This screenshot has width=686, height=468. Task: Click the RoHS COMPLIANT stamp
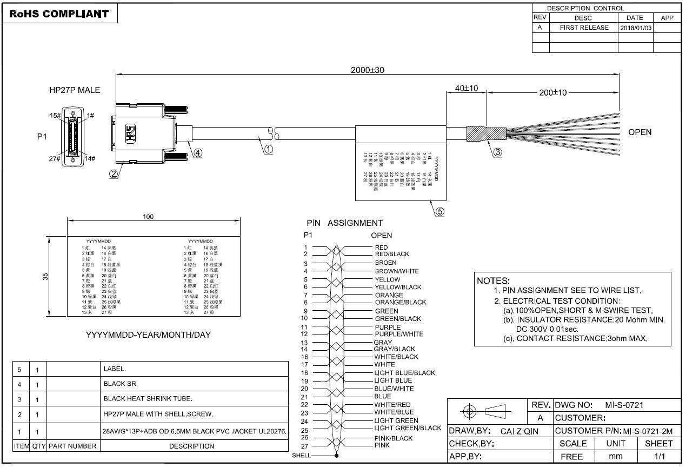coord(59,14)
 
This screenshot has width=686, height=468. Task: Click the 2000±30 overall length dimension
coord(367,70)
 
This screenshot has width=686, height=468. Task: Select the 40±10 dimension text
coord(466,88)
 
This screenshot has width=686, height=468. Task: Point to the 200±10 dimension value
coord(552,92)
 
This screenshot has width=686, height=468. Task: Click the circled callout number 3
coord(497,152)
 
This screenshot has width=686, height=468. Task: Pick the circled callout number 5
coord(440,212)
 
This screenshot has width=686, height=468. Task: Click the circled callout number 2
coord(114,174)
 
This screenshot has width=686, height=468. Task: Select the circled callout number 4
coord(198,152)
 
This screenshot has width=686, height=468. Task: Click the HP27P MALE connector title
coord(75,90)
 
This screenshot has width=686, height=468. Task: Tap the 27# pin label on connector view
coord(54,158)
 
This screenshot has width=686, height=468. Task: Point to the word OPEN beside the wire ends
coord(640,132)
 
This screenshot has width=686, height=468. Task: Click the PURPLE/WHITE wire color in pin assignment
coord(399,334)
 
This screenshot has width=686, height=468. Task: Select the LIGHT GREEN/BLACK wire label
coord(408,428)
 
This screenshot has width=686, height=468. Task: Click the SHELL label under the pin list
coord(301,456)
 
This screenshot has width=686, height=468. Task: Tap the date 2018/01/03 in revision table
coord(635,28)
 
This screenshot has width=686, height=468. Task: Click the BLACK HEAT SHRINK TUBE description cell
coord(148,399)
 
